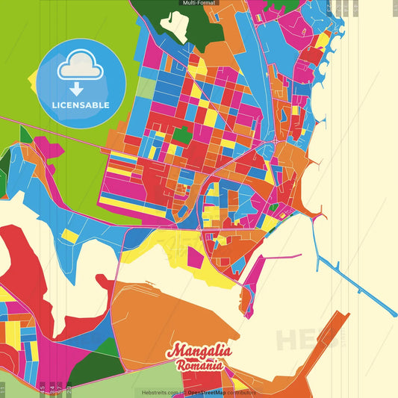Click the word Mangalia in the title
tap(199, 351)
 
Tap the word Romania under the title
tap(199, 365)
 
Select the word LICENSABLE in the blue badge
tap(81, 105)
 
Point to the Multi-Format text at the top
tap(199, 4)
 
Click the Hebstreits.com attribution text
tap(161, 392)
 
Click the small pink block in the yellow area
tap(195, 258)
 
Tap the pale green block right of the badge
tap(146, 88)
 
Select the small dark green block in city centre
tap(181, 136)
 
